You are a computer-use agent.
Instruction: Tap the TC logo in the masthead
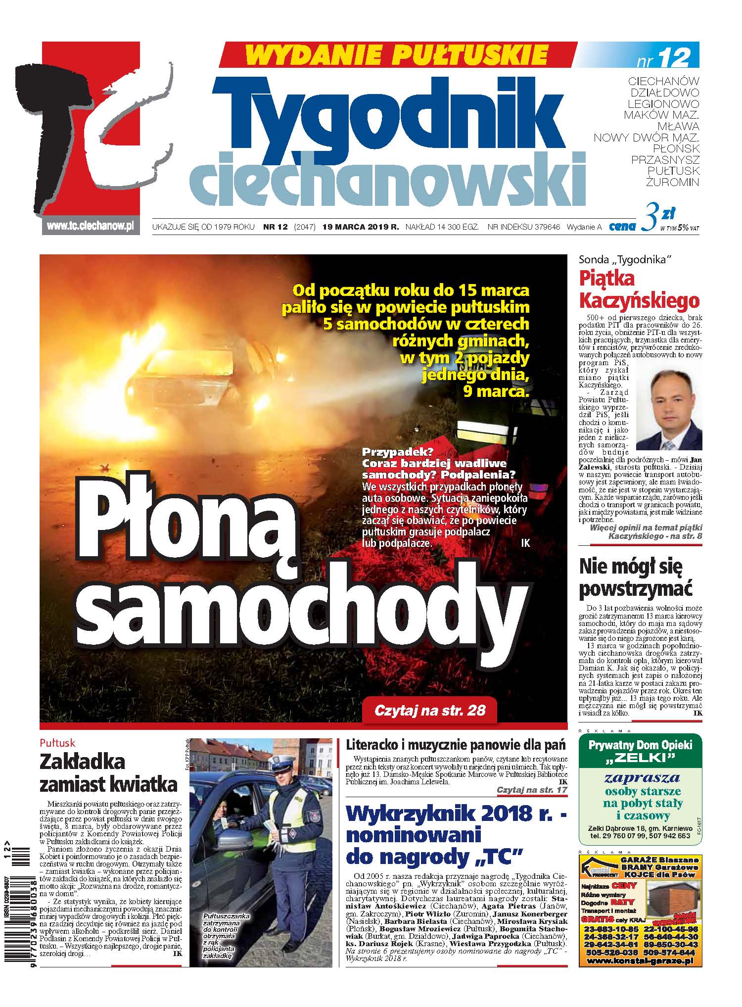94,134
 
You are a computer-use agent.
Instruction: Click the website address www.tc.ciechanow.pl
91,226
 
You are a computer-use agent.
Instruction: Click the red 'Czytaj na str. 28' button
429,711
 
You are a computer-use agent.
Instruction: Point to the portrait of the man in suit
668,404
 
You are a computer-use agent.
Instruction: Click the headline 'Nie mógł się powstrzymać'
636,577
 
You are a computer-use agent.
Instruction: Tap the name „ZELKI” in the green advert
640,758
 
